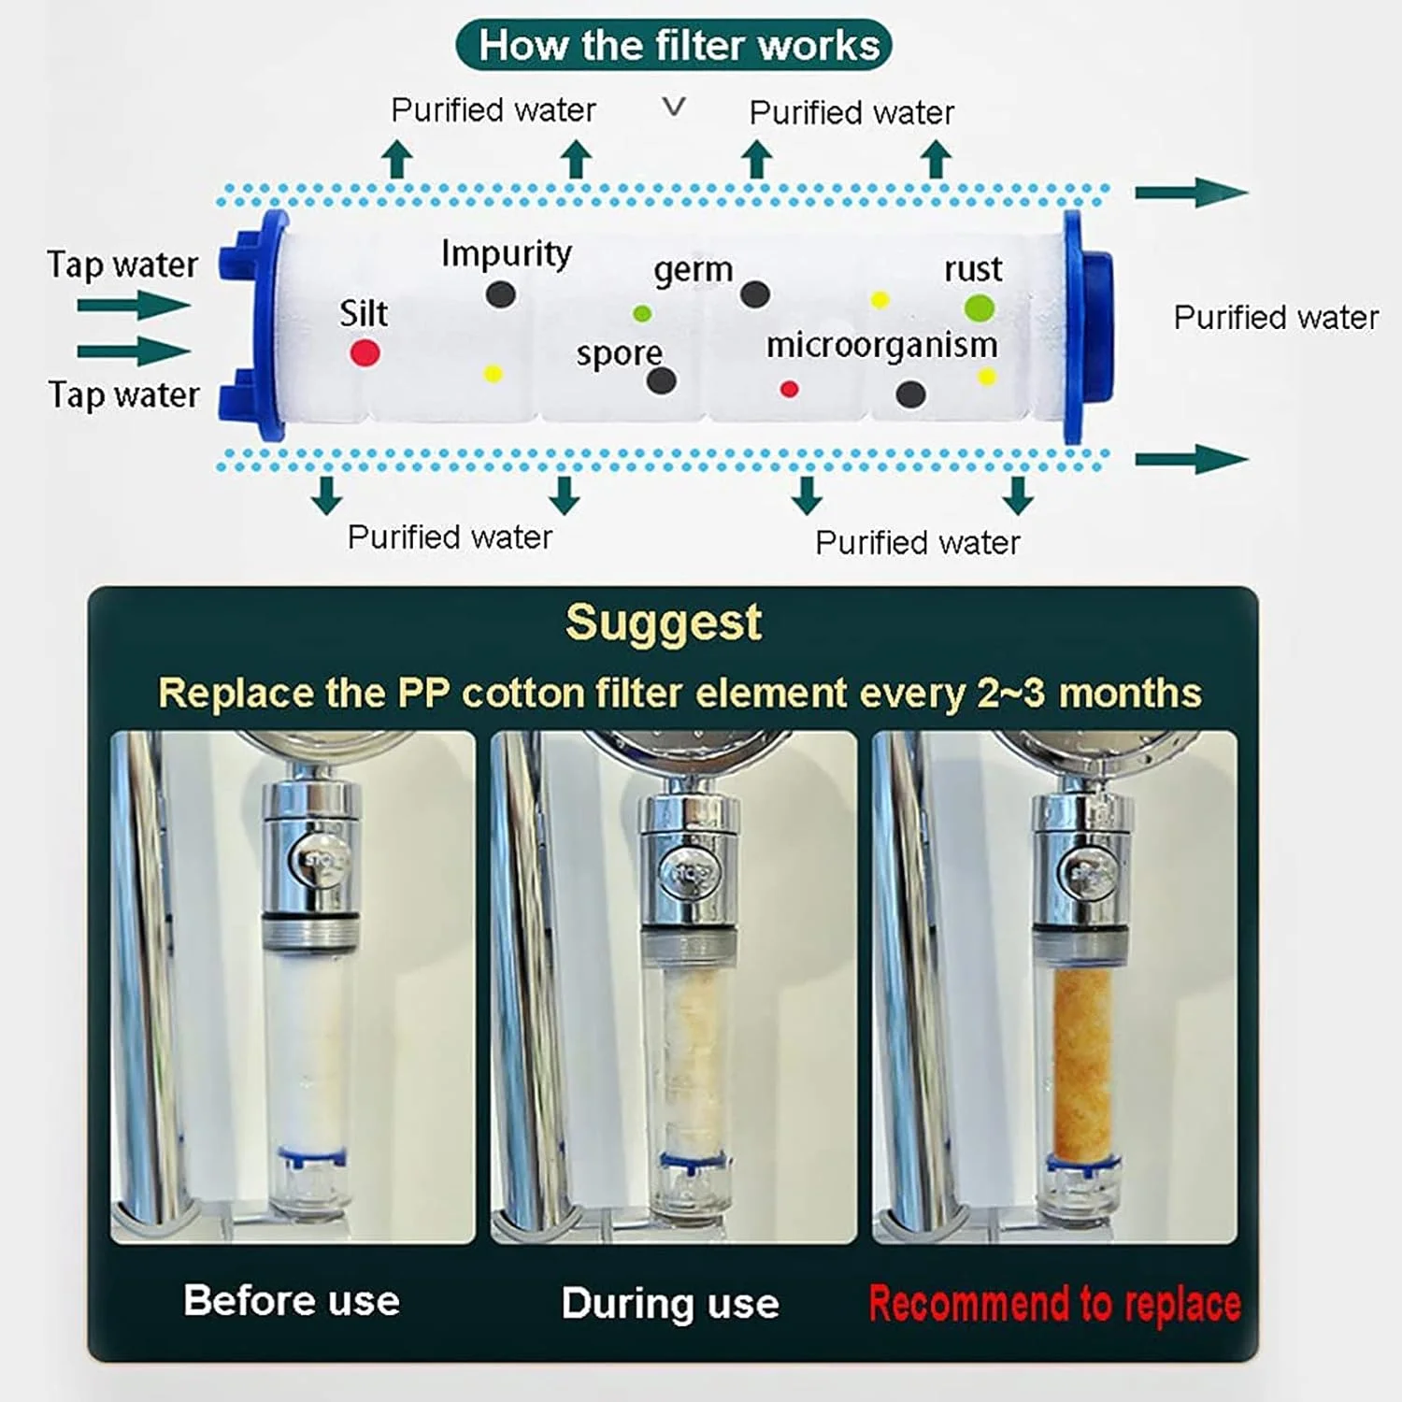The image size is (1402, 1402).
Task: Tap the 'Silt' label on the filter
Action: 364,313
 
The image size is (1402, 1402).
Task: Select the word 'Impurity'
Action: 506,253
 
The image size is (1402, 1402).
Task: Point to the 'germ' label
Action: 693,270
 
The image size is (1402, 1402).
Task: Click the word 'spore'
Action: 619,354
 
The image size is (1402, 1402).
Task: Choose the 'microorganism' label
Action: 881,346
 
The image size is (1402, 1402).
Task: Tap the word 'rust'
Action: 973,269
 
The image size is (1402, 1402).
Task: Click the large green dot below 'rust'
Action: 979,308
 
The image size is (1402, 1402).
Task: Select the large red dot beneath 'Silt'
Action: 365,352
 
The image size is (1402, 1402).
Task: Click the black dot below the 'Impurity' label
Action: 501,294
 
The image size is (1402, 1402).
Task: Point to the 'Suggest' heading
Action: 664,622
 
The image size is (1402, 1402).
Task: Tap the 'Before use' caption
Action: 292,1301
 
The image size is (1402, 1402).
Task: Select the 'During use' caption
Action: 670,1303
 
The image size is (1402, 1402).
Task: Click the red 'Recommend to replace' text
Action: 1054,1303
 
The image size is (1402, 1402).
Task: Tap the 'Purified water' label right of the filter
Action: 1276,318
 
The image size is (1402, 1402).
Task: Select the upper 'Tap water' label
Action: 122,265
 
